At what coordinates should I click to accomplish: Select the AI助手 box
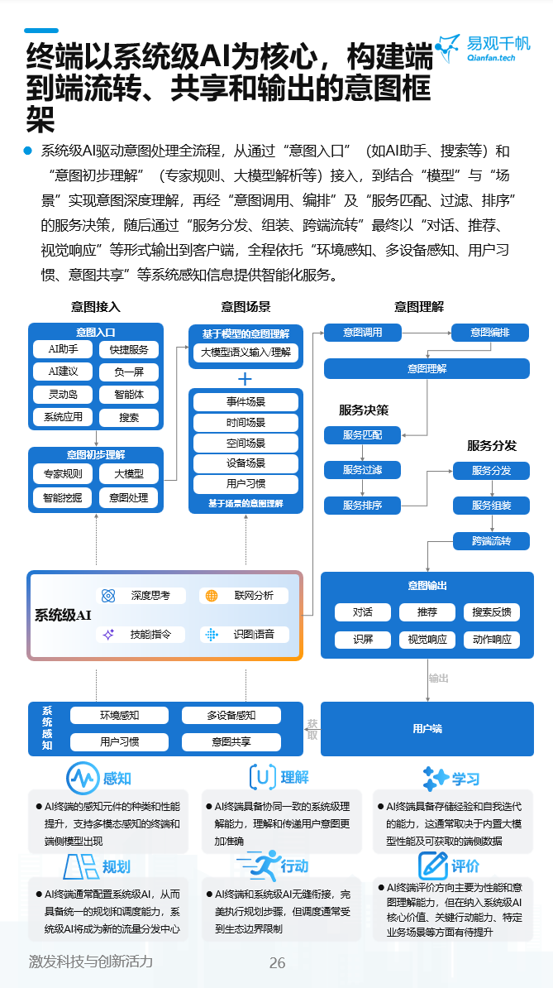(63, 350)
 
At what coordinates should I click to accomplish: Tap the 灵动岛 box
(63, 395)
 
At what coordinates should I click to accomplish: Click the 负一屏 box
(129, 372)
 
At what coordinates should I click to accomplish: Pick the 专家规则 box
(63, 474)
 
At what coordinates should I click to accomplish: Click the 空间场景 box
(246, 443)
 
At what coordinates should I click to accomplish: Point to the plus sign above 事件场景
(246, 379)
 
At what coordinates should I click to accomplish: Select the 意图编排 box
(490, 333)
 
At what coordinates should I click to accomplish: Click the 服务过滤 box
(362, 470)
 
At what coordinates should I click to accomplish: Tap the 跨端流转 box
(491, 541)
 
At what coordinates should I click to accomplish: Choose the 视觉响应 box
(427, 639)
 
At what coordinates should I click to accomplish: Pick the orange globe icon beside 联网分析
(212, 596)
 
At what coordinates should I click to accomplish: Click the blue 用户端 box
(427, 729)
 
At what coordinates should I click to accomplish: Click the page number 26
(277, 963)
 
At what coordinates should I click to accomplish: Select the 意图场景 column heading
(246, 307)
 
